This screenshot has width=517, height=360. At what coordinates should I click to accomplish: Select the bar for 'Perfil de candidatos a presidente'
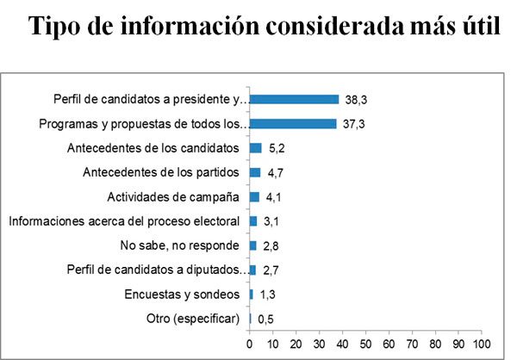[294, 99]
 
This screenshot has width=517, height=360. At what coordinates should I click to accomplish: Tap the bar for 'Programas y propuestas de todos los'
[293, 123]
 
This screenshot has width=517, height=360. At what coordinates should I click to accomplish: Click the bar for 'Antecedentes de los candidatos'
[256, 148]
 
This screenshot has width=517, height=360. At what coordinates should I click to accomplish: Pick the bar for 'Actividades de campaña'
[254, 196]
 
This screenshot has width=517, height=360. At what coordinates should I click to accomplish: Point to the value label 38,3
[355, 101]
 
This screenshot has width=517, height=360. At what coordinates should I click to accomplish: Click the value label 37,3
[352, 125]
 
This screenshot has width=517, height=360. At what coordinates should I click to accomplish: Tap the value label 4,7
[276, 174]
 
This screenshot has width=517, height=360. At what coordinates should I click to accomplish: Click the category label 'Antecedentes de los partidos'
[160, 172]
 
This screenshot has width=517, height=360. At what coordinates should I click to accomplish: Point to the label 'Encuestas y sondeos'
[182, 294]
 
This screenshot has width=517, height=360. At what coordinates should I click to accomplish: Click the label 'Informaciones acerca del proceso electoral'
[123, 221]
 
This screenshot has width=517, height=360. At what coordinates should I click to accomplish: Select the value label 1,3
[268, 295]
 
